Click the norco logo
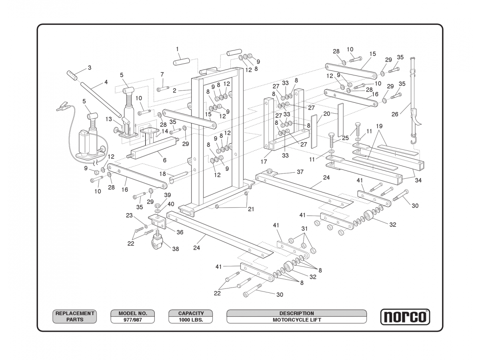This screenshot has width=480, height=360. point(405,317)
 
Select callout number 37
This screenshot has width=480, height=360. point(300,172)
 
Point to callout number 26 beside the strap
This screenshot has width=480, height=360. point(395,114)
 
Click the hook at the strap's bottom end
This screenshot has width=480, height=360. point(412,141)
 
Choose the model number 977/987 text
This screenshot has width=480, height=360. point(132,320)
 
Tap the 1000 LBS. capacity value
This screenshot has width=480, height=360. point(190,320)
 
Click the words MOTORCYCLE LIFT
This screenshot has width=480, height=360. point(296,320)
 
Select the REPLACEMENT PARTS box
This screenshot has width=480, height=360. point(75,316)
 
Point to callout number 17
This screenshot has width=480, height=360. point(264,162)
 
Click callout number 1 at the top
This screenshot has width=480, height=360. point(177,49)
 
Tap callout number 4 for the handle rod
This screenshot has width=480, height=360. point(106,82)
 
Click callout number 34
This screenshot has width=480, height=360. point(418,180)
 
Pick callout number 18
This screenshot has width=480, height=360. point(162,174)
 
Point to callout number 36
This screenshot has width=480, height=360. point(180,232)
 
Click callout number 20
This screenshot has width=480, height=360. point(327,114)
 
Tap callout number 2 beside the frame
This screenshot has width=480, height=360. point(174,91)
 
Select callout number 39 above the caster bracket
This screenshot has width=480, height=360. point(168,195)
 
